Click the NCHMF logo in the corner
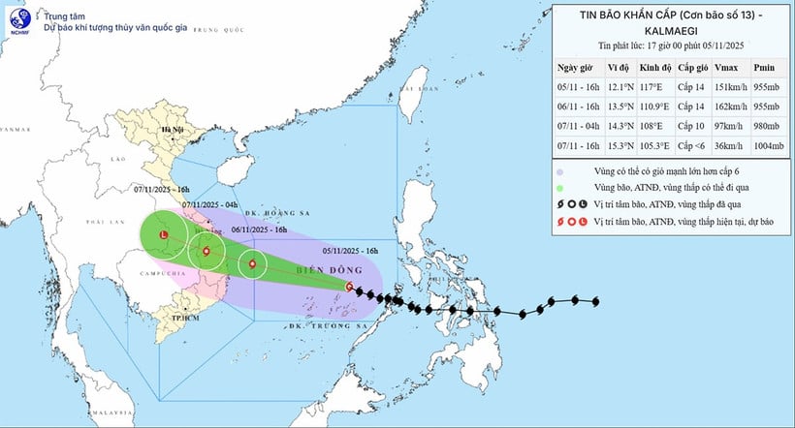19,20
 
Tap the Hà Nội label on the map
173,130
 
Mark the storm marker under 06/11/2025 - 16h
253,263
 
